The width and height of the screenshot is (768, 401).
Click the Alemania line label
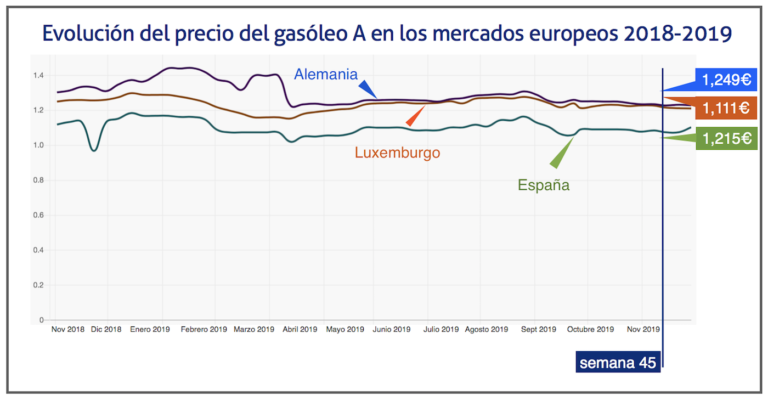326,74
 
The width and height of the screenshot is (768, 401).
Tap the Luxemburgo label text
397,153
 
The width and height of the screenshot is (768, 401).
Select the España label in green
543,185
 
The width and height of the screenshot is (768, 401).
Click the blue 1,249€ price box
726,80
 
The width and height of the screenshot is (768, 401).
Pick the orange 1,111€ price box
726,108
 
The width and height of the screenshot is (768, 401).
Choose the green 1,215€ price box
726,139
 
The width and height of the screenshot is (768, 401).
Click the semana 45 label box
618,363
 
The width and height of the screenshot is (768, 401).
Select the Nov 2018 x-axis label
68,330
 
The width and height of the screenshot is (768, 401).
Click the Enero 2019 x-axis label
150,330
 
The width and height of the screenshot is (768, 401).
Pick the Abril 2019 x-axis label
300,330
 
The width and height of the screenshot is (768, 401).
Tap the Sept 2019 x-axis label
539,330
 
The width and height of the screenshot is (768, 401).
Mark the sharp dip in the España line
94,150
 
